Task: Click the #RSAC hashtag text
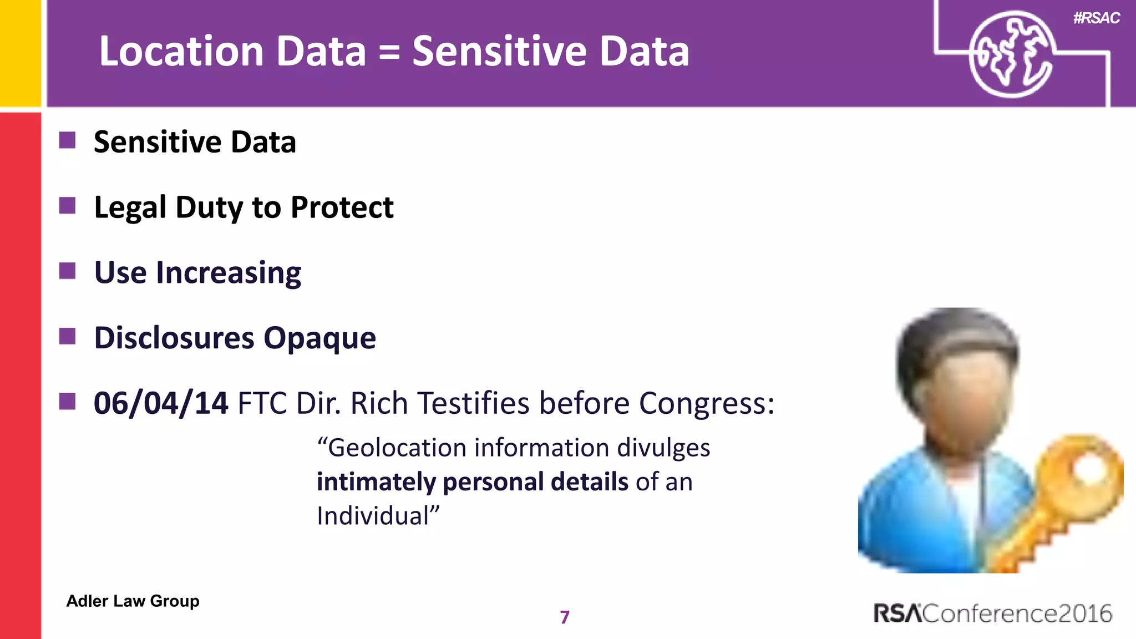(1096, 18)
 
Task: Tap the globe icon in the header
(1011, 54)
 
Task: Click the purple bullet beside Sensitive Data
(67, 140)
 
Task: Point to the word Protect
(342, 207)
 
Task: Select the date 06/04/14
(160, 403)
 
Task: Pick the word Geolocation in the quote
(397, 448)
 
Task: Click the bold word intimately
(376, 481)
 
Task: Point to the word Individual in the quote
(374, 515)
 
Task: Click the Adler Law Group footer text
(133, 601)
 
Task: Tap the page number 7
(565, 617)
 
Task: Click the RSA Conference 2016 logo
(992, 613)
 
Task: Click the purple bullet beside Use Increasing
(67, 271)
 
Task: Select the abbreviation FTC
(262, 403)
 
